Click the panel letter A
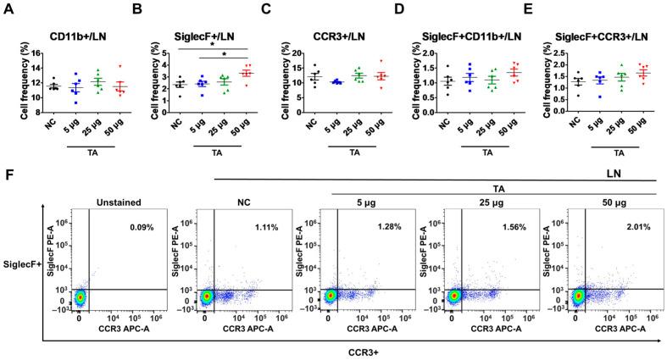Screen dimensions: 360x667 tap(12, 12)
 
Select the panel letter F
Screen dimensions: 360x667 tap(10, 175)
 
